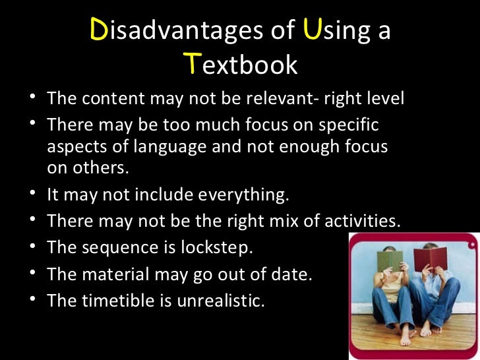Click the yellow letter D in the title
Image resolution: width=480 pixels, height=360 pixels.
click(x=98, y=31)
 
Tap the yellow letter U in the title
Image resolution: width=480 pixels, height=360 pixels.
click(x=310, y=31)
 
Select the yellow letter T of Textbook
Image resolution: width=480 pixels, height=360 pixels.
click(x=191, y=64)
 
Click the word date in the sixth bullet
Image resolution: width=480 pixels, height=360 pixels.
click(x=293, y=274)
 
